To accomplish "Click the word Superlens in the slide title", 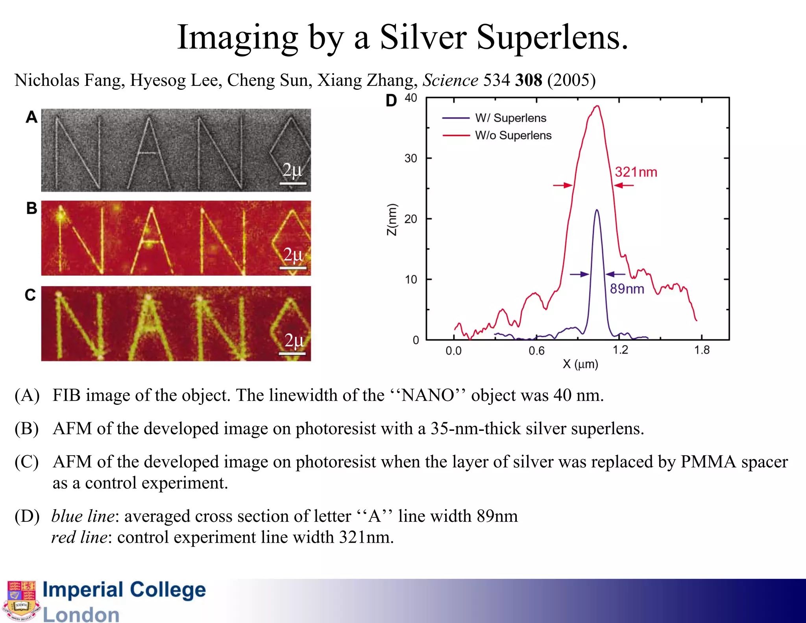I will click(552, 38).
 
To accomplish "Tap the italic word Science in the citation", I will click(450, 80).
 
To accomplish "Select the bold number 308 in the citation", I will click(529, 80).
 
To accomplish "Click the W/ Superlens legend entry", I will click(510, 118).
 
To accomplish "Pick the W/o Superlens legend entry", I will click(513, 135).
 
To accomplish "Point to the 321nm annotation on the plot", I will click(636, 172).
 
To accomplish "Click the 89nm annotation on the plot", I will click(627, 289).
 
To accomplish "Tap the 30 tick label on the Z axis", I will click(410, 158).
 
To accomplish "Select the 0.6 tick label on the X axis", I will click(536, 350).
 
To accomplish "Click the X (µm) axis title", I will click(580, 364).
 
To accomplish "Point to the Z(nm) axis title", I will click(392, 220).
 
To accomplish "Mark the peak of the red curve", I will click(597, 106).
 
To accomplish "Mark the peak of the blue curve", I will click(597, 210).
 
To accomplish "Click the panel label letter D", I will click(391, 101).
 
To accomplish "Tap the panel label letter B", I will click(31, 208).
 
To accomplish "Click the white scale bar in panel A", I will click(293, 183).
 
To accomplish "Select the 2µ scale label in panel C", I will click(294, 341).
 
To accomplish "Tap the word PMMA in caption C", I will click(708, 462).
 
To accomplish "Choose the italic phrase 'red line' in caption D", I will click(79, 537).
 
